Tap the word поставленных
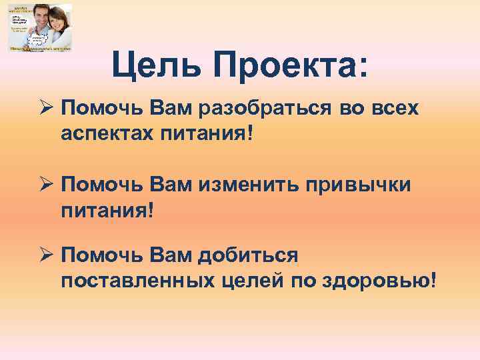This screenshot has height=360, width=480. click(136, 280)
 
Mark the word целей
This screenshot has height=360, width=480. click(249, 280)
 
